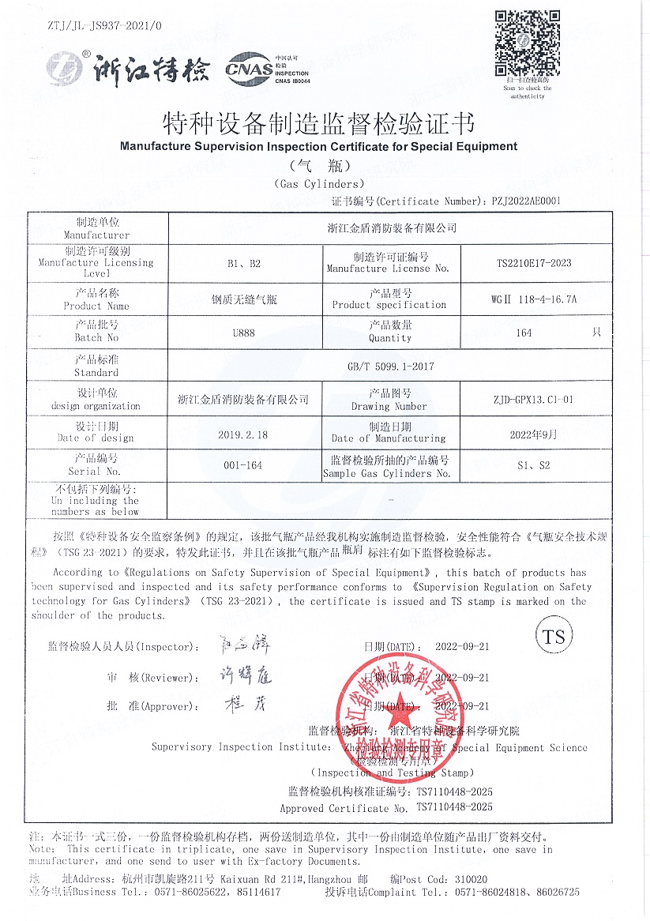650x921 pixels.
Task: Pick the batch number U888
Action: click(x=243, y=333)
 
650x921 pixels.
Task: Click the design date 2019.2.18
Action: click(x=243, y=434)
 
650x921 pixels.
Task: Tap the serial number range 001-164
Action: click(x=243, y=465)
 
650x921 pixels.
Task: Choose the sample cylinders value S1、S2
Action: click(x=534, y=465)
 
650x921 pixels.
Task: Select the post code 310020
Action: click(x=472, y=879)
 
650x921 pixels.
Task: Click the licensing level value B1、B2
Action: click(x=243, y=263)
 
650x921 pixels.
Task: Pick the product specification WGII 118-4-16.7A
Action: click(x=534, y=299)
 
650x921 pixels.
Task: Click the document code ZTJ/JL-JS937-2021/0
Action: click(x=105, y=26)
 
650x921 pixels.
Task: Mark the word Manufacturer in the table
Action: click(x=97, y=235)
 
